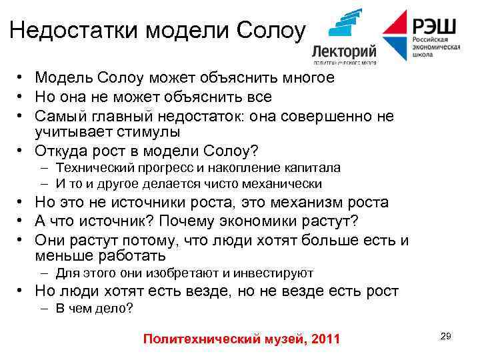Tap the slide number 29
(x=445, y=337)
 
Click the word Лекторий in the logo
(x=344, y=51)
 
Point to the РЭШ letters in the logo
(x=436, y=27)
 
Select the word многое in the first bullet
(x=301, y=79)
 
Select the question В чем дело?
(x=94, y=309)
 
